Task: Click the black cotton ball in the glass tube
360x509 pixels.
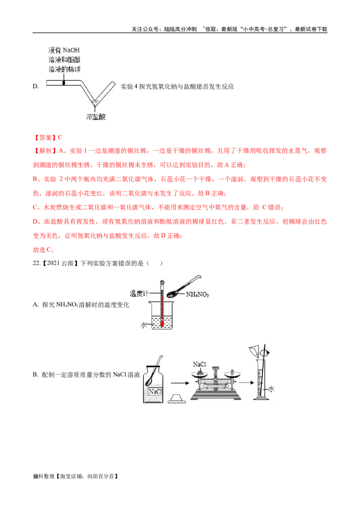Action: pyautogui.click(x=64, y=83)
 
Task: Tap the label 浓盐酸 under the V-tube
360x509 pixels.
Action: pyautogui.click(x=96, y=116)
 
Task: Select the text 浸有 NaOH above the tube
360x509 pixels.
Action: pyautogui.click(x=64, y=50)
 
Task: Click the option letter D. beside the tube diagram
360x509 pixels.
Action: pyautogui.click(x=36, y=86)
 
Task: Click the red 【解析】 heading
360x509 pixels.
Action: pyautogui.click(x=45, y=151)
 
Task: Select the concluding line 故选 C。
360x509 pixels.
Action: pyautogui.click(x=44, y=250)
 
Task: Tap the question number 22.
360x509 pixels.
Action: pyautogui.click(x=36, y=263)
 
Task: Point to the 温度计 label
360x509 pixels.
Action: pyautogui.click(x=139, y=294)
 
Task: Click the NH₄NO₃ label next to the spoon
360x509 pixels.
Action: pyautogui.click(x=197, y=295)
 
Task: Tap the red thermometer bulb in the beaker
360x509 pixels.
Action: pyautogui.click(x=162, y=324)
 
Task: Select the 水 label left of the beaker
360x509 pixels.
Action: pyautogui.click(x=143, y=325)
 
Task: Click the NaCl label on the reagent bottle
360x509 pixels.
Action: pyautogui.click(x=155, y=392)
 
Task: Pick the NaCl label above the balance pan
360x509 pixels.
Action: pyautogui.click(x=199, y=364)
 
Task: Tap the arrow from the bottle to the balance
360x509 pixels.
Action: pyautogui.click(x=180, y=383)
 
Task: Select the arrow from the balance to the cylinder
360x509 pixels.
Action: pyautogui.click(x=246, y=382)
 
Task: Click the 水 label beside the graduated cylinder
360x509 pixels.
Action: pyautogui.click(x=271, y=389)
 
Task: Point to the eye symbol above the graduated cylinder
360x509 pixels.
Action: pyautogui.click(x=267, y=353)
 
